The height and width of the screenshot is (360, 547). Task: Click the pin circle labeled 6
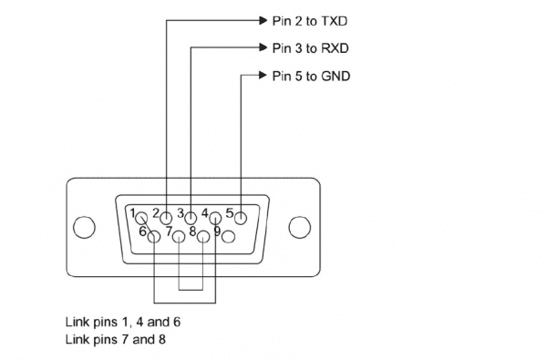154,236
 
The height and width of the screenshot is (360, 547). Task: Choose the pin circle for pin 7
179,236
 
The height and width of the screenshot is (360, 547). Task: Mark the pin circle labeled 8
203,236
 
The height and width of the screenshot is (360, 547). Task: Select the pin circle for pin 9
228,236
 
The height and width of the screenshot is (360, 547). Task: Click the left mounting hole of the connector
84,226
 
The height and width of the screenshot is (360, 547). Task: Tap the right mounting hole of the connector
298,226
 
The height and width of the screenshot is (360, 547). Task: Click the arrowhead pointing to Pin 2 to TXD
259,19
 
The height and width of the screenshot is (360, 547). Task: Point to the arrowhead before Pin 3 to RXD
259,47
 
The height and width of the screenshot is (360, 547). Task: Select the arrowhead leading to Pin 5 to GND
259,76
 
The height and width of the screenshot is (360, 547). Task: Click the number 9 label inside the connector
217,231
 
